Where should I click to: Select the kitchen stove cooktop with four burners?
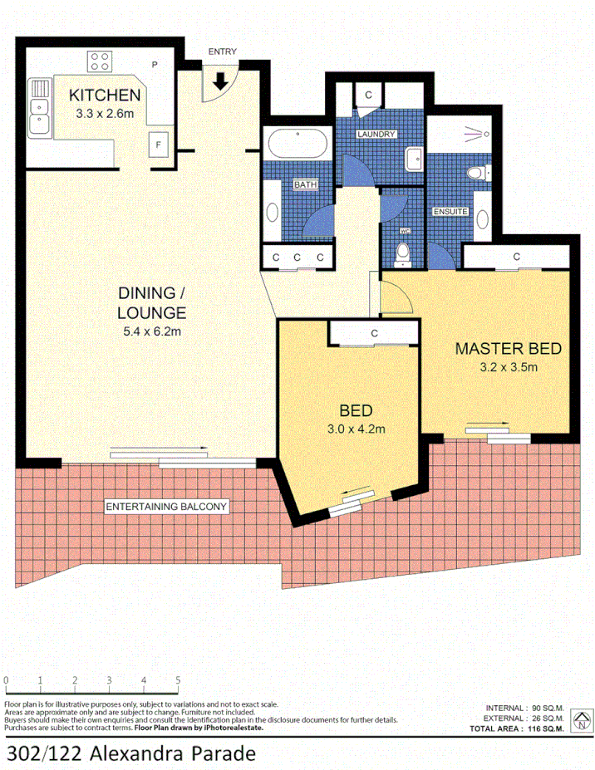pyautogui.click(x=101, y=61)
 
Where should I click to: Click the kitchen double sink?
pyautogui.click(x=38, y=107)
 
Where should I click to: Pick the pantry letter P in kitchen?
pyautogui.click(x=155, y=64)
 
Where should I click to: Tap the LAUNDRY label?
pyautogui.click(x=376, y=134)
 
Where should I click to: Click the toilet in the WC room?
pyautogui.click(x=404, y=253)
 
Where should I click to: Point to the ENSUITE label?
pyautogui.click(x=450, y=212)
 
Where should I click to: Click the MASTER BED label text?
pyautogui.click(x=508, y=348)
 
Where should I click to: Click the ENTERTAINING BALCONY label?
pyautogui.click(x=165, y=506)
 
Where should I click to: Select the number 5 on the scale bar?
pyautogui.click(x=178, y=680)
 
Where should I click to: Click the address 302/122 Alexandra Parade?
pyautogui.click(x=126, y=753)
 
